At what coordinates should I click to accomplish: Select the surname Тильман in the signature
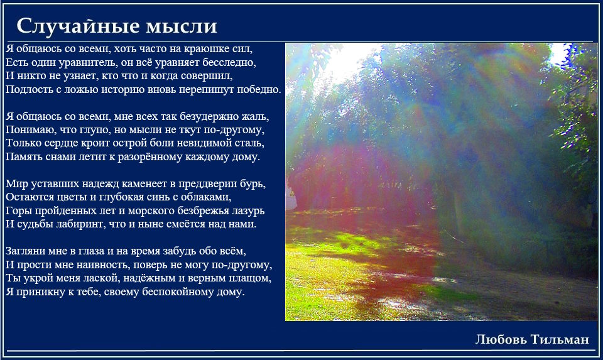(x=560, y=339)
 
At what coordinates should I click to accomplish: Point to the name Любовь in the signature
(x=501, y=339)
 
